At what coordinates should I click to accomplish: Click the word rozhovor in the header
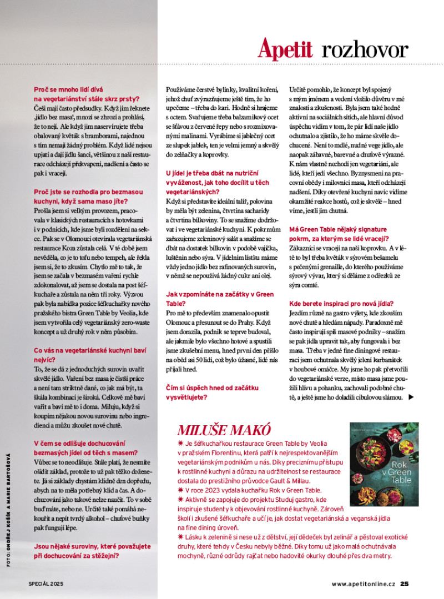coord(365,50)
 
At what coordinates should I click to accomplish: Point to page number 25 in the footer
coord(405,583)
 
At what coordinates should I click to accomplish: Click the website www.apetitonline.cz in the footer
coord(364,583)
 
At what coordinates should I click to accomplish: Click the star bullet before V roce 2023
coord(180,490)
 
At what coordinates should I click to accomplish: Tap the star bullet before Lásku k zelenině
coord(180,537)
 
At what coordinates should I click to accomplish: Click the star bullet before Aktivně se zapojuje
coord(180,499)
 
